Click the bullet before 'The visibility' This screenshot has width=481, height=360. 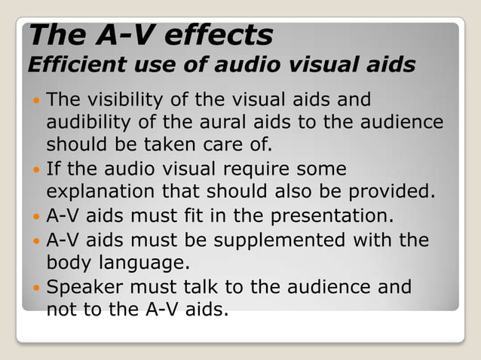click(35, 100)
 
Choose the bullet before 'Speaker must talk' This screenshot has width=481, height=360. click(35, 287)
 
